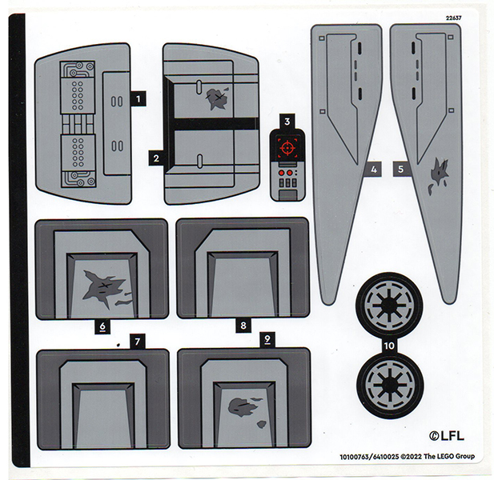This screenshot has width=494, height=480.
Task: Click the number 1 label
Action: point(139,99)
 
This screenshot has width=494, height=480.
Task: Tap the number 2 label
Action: point(156,158)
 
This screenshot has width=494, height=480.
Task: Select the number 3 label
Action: point(286,122)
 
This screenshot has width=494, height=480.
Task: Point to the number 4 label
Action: point(372,169)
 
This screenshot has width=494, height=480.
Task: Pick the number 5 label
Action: point(400,169)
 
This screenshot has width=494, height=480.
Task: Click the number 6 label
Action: point(102,326)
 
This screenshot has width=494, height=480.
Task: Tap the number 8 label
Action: point(243,326)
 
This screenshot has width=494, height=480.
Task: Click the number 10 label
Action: point(389,346)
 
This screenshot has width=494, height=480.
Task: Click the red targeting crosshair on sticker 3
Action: point(286,146)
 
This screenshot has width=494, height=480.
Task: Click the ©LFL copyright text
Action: point(446,435)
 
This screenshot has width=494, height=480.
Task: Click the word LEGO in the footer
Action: point(441,457)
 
